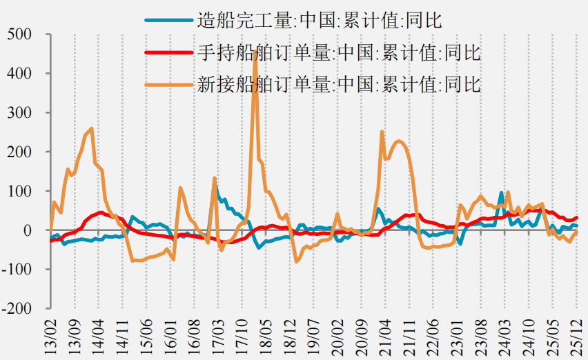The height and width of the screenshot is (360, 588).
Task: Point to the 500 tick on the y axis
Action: coord(19,34)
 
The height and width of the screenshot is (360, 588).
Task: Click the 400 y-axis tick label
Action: coord(19,73)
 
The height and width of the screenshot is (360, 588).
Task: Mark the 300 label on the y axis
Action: coord(19,112)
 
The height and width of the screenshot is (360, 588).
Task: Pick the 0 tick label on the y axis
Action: coord(28,230)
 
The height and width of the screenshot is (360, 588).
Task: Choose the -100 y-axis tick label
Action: coord(17,270)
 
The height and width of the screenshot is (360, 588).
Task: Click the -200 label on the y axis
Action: coord(17,309)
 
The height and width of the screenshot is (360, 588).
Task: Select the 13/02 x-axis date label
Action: coord(50,337)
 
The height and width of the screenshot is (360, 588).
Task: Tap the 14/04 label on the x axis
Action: coord(98,337)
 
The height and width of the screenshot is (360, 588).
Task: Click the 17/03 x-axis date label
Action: coord(218,337)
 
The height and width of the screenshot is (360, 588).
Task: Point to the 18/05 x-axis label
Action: coord(266,337)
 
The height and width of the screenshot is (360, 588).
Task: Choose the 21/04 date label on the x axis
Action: coord(386,337)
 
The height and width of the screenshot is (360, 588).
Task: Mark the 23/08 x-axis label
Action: coord(481,337)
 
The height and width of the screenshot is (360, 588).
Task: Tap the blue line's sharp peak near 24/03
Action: coord(501,192)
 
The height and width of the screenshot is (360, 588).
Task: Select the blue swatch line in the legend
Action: coord(169,20)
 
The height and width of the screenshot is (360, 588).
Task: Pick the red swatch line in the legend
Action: coord(169,52)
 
